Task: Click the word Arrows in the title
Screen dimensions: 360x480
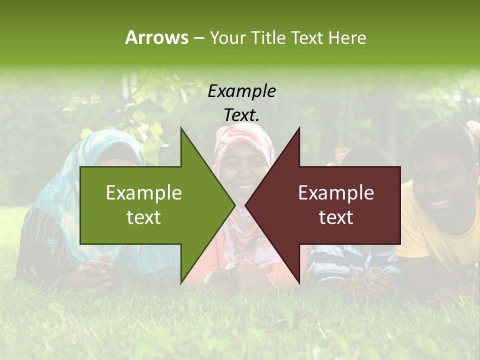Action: [x=156, y=37]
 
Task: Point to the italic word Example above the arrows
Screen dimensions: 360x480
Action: [x=241, y=91]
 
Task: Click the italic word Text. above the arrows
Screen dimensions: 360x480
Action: [x=241, y=115]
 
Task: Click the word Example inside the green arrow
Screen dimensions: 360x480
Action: [x=144, y=193]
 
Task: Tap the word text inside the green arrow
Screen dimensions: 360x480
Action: [x=144, y=217]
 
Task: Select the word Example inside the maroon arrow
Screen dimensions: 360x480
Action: [x=336, y=193]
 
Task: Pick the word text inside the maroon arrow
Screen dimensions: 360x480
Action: [x=336, y=217]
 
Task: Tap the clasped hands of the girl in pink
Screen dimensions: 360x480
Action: [x=237, y=270]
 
